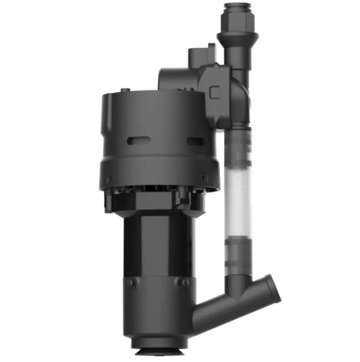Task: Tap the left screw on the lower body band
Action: pos(131,283)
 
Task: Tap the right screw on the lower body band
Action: pos(184,283)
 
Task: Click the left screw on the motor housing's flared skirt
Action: pos(109,177)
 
